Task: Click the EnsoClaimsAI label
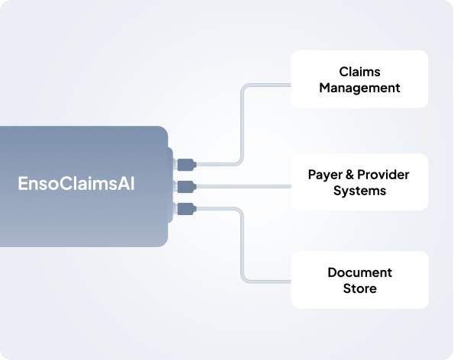click(76, 184)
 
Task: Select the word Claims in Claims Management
click(359, 72)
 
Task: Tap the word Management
click(359, 88)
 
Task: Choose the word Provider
click(383, 175)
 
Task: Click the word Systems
click(359, 191)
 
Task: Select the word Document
click(359, 272)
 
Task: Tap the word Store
click(359, 288)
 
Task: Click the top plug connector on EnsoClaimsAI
click(186, 165)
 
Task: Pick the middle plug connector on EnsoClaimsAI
click(186, 187)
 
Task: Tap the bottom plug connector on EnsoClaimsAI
click(186, 209)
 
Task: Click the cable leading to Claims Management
click(243, 124)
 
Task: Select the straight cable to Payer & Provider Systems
click(244, 187)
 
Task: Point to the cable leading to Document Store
click(243, 246)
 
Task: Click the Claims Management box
click(359, 79)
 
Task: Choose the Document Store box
click(359, 280)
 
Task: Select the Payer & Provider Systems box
click(359, 182)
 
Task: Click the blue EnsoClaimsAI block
click(84, 186)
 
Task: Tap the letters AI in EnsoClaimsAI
click(126, 184)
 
